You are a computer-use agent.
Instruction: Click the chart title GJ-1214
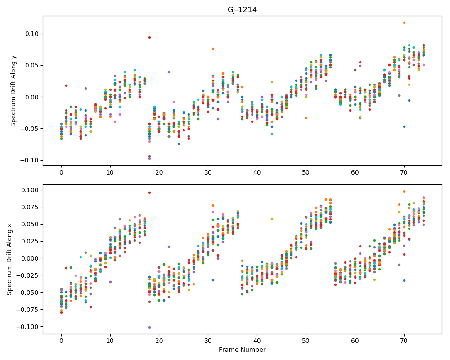pyautogui.click(x=242, y=10)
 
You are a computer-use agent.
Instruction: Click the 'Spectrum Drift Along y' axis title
pyautogui.click(x=13, y=90)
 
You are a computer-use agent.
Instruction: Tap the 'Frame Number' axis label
pyautogui.click(x=242, y=350)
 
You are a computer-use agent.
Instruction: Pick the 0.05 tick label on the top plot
pyautogui.click(x=32, y=65)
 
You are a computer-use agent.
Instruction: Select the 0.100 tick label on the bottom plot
pyautogui.click(x=30, y=190)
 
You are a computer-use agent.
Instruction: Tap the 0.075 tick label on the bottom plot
pyautogui.click(x=30, y=207)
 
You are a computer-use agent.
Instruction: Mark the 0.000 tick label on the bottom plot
pyautogui.click(x=30, y=258)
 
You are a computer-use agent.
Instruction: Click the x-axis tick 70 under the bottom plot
pyautogui.click(x=404, y=341)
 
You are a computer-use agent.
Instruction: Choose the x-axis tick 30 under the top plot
pyautogui.click(x=208, y=172)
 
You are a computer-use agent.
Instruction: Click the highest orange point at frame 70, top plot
pyautogui.click(x=404, y=22)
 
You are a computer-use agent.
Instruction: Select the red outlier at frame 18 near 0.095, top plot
pyautogui.click(x=149, y=38)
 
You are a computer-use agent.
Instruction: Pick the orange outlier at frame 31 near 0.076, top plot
pyautogui.click(x=213, y=49)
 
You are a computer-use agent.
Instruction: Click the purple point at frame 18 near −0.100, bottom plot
pyautogui.click(x=149, y=327)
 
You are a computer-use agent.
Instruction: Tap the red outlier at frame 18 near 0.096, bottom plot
pyautogui.click(x=149, y=193)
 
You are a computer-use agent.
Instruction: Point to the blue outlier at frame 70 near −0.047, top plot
pyautogui.click(x=404, y=126)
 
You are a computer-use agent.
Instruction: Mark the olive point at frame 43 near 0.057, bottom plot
pyautogui.click(x=272, y=219)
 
